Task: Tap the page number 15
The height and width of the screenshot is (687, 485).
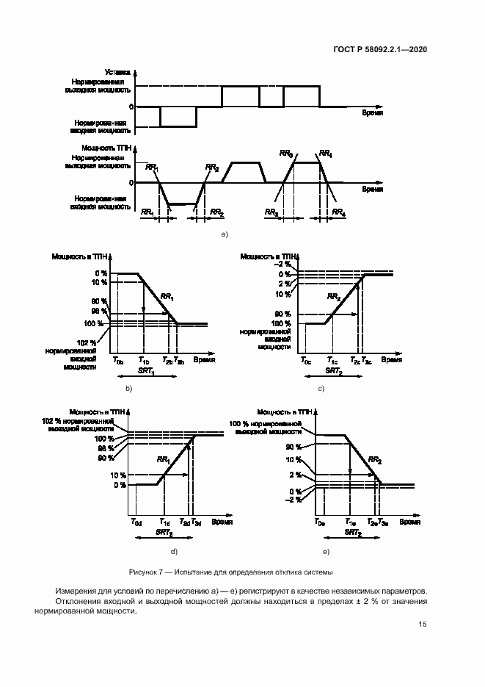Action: click(x=423, y=625)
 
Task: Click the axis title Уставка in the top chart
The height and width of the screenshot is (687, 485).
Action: click(x=118, y=72)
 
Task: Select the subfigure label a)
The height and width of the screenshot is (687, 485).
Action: click(x=225, y=234)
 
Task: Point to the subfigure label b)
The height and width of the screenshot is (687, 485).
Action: click(x=128, y=387)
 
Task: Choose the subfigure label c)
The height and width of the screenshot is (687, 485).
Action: click(x=321, y=387)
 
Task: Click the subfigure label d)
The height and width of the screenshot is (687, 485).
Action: click(x=173, y=551)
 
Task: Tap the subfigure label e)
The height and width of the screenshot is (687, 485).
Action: click(x=326, y=551)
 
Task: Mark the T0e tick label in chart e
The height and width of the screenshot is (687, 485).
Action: click(x=320, y=522)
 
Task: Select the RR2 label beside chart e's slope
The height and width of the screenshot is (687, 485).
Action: click(x=374, y=460)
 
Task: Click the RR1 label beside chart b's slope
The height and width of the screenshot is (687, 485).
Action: click(x=167, y=298)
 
